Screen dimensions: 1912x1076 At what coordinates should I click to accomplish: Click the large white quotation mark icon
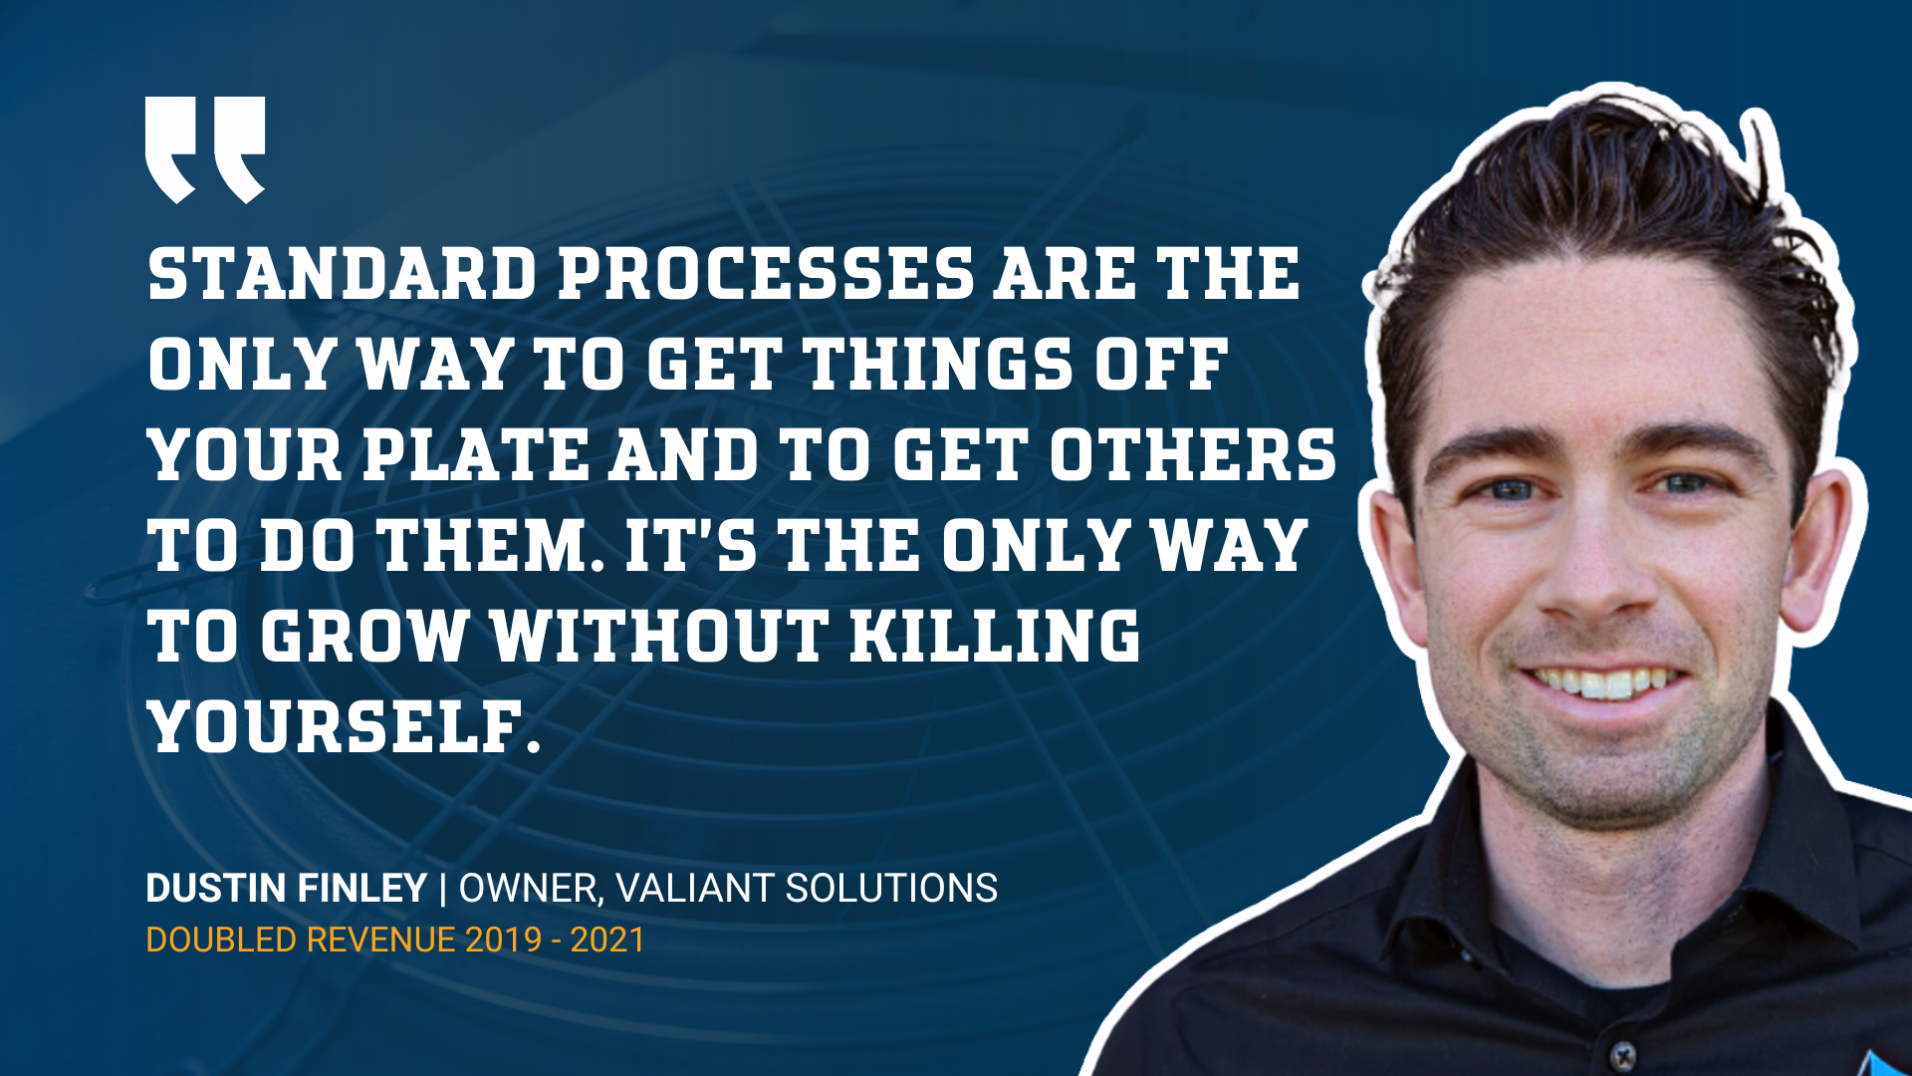pos(205,149)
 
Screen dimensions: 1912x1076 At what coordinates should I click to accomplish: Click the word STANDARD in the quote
pos(343,274)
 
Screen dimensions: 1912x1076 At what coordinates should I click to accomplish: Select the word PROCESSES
pos(766,274)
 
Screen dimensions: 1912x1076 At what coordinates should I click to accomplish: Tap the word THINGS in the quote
pos(938,364)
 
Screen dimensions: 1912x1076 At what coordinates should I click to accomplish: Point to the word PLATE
pos(476,455)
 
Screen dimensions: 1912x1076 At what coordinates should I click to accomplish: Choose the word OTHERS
pos(1192,455)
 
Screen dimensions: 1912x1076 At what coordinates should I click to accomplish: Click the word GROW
pos(364,636)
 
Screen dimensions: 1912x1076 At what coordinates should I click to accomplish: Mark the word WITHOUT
pos(659,636)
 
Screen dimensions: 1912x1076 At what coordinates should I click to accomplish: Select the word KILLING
pos(995,636)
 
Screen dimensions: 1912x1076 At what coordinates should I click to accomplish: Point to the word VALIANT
pos(694,888)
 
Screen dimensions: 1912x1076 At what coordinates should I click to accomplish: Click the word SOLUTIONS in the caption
pos(891,888)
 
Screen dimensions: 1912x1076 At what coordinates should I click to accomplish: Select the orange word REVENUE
pos(380,940)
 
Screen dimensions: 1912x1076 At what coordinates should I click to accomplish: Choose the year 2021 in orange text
pos(607,940)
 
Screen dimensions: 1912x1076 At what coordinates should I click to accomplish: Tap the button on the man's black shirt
pos(1623,1054)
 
